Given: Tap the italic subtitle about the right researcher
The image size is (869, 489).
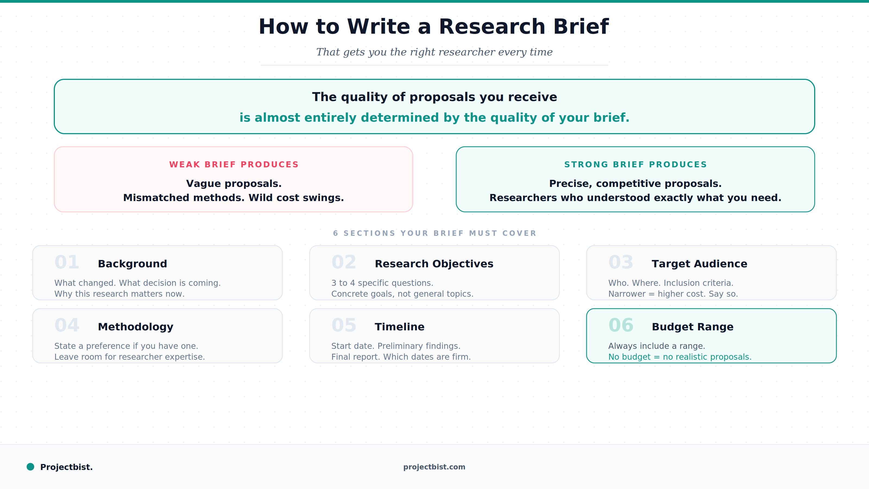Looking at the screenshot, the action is pyautogui.click(x=434, y=52).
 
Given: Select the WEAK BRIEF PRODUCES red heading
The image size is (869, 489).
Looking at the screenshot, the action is pyautogui.click(x=234, y=164).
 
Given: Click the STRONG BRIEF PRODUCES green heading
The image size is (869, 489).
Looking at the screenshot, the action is pyautogui.click(x=635, y=164).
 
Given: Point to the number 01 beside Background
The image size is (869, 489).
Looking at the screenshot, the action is pyautogui.click(x=67, y=262).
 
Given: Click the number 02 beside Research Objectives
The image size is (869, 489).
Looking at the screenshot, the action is pyautogui.click(x=344, y=262).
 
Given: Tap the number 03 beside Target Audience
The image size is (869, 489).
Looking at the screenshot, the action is pyautogui.click(x=621, y=262).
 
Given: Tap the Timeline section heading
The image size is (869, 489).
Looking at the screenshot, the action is pyautogui.click(x=399, y=327).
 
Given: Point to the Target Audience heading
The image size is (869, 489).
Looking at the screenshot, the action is pyautogui.click(x=699, y=264).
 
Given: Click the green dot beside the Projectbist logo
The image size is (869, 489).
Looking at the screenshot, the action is pyautogui.click(x=30, y=467).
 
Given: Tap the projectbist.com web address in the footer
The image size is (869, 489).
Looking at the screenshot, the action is pyautogui.click(x=434, y=467).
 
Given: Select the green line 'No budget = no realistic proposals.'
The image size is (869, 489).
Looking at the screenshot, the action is pyautogui.click(x=680, y=357).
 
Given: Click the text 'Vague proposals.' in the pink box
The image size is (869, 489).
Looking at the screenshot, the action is pyautogui.click(x=234, y=184).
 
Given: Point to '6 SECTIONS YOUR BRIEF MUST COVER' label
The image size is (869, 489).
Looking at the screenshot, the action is pyautogui.click(x=434, y=233).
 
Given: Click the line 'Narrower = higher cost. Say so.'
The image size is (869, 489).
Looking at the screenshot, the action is pyautogui.click(x=673, y=294).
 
